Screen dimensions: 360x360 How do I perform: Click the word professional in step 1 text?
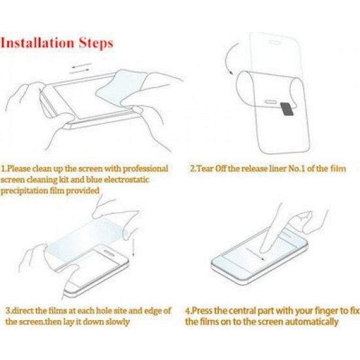(143, 168)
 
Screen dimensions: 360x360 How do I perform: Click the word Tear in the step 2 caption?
(204, 169)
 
